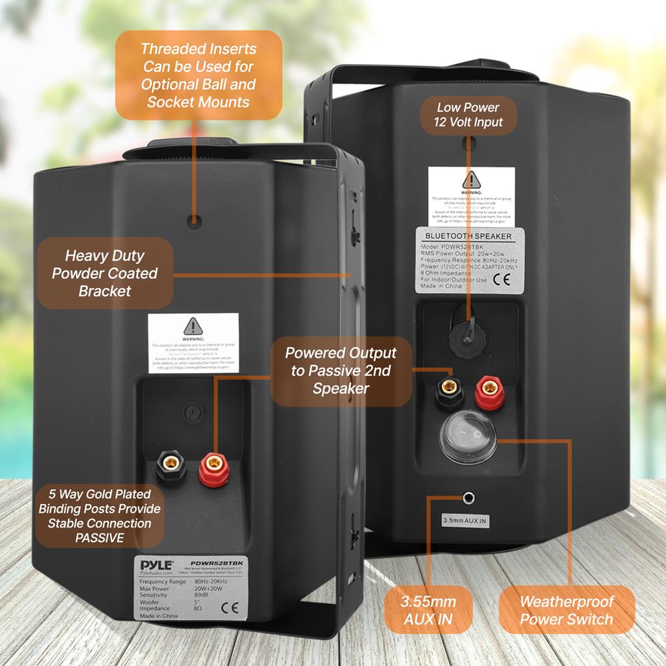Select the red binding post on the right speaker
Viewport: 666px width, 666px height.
click(x=488, y=392)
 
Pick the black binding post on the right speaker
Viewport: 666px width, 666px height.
click(x=446, y=392)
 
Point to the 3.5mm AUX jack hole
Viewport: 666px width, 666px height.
click(x=470, y=496)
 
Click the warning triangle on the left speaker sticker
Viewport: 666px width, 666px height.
click(x=193, y=326)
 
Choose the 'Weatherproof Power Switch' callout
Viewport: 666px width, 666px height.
click(x=566, y=610)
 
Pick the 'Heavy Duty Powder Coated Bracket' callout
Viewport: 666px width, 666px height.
click(x=105, y=273)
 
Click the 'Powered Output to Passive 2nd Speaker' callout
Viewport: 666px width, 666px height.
click(x=340, y=370)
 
